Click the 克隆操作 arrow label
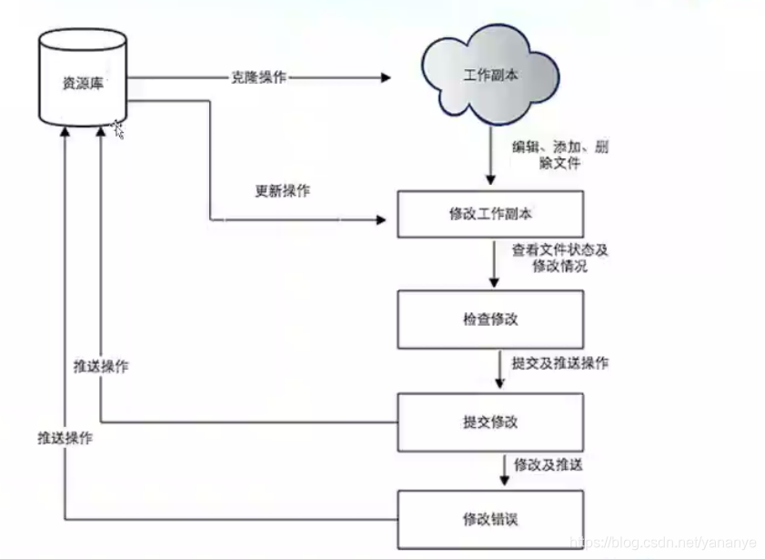pos(258,77)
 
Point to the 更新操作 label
pos(282,191)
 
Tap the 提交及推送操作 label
pos(559,363)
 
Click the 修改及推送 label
pos(548,464)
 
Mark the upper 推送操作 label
pos(101,367)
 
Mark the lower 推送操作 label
pos(65,437)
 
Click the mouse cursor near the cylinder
pos(118,130)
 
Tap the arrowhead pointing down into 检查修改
pos(492,285)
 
